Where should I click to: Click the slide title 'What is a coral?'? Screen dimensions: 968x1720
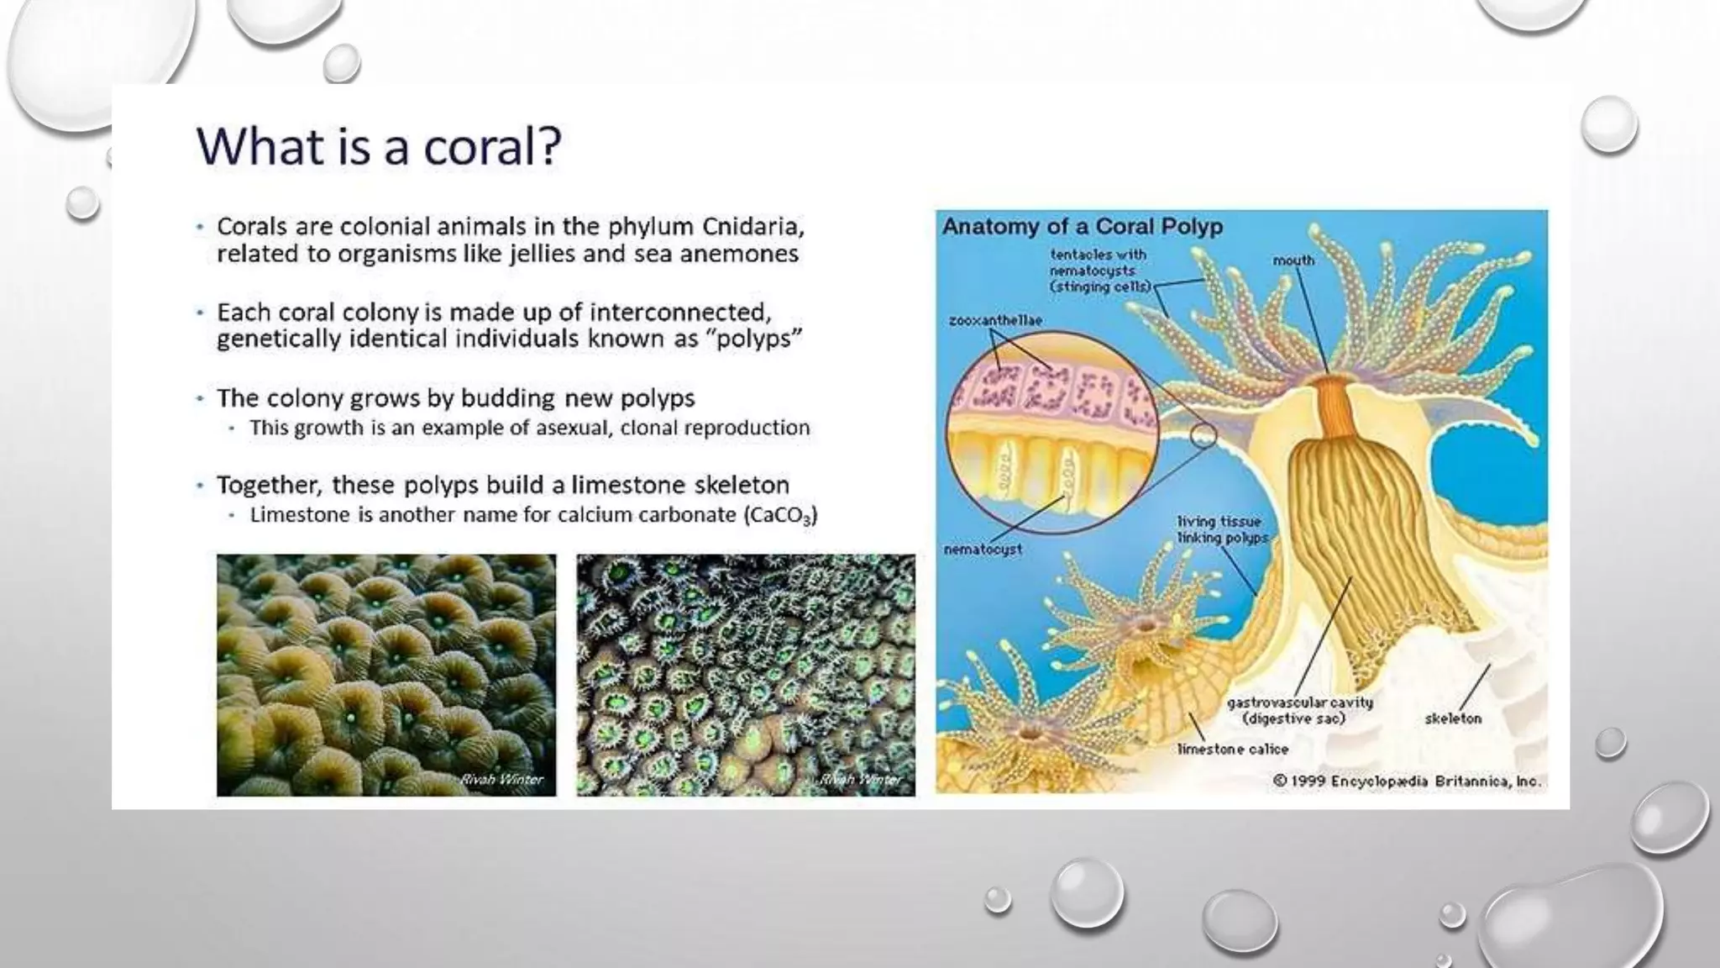coord(378,146)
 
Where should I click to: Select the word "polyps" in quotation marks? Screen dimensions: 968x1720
coord(753,339)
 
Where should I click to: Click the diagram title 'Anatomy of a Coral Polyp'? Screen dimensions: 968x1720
coord(1082,227)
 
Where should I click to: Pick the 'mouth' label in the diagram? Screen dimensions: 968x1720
coord(1293,260)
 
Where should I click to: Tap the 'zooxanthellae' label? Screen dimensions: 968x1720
coord(995,320)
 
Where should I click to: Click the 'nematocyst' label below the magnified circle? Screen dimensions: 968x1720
coord(983,550)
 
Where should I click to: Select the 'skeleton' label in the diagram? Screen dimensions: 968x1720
coord(1453,718)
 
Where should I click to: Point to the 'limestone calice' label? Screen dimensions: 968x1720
coord(1232,749)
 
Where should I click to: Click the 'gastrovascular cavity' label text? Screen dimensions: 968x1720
coord(1299,702)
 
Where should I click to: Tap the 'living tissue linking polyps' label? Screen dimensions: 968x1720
coord(1222,529)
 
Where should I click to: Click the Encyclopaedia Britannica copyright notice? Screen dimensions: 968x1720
coord(1407,781)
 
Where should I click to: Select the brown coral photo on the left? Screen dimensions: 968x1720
coord(386,675)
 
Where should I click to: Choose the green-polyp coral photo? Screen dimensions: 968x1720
coord(746,675)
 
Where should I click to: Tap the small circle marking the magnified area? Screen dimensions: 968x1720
coord(1203,435)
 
